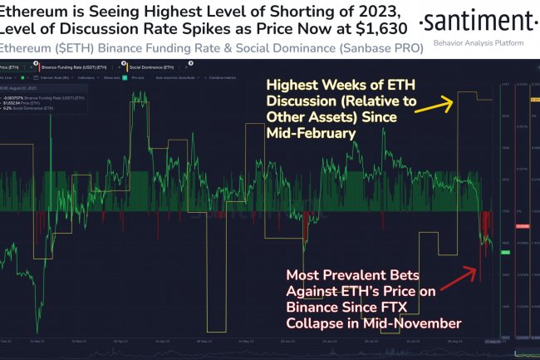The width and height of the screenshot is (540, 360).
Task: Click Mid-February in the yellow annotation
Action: point(312,131)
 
